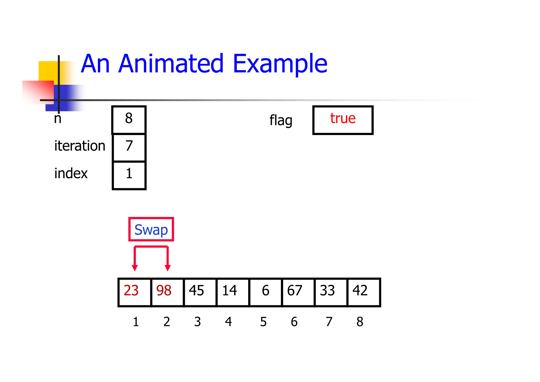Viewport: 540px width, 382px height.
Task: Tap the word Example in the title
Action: [280, 64]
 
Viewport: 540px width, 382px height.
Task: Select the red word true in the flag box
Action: [343, 118]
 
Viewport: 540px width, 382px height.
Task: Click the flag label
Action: [281, 121]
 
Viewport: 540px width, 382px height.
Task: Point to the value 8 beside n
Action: [129, 118]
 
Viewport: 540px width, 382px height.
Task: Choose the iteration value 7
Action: [129, 146]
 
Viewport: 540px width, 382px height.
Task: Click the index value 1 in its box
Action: [129, 174]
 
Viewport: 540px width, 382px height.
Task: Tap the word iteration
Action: [80, 146]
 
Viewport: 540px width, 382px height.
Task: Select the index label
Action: [71, 174]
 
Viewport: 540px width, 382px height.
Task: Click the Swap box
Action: [151, 229]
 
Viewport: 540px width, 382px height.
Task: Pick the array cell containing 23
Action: [134, 292]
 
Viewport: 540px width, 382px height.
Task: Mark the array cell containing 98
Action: [167, 292]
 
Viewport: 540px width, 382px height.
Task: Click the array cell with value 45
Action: [200, 292]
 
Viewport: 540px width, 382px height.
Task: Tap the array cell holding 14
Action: [233, 292]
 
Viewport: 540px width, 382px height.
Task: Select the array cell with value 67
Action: [298, 292]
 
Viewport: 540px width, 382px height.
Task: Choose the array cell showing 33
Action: [331, 292]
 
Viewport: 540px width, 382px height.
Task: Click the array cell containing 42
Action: [363, 292]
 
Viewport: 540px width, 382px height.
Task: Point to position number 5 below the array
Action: [263, 322]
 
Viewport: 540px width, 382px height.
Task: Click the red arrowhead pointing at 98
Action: [167, 268]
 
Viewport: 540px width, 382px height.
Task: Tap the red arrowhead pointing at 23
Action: [135, 268]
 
